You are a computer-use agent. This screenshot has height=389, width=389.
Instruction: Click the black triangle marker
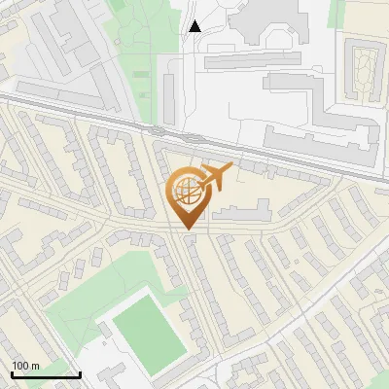195,26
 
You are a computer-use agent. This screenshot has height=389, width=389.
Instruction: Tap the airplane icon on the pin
214,176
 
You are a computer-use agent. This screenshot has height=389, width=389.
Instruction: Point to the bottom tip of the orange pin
188,230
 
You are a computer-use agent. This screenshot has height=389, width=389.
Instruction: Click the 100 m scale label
25,365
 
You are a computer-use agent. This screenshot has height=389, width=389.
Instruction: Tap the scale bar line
46,374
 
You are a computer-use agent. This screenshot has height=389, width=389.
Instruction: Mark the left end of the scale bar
12,374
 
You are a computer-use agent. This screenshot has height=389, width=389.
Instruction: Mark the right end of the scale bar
80,374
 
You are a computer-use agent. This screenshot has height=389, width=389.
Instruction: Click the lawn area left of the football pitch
73,316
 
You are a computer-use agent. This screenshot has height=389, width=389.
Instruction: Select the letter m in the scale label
36,365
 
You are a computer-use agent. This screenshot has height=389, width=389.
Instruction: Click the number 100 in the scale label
20,365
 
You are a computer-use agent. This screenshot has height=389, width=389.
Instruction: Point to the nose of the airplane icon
232,168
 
